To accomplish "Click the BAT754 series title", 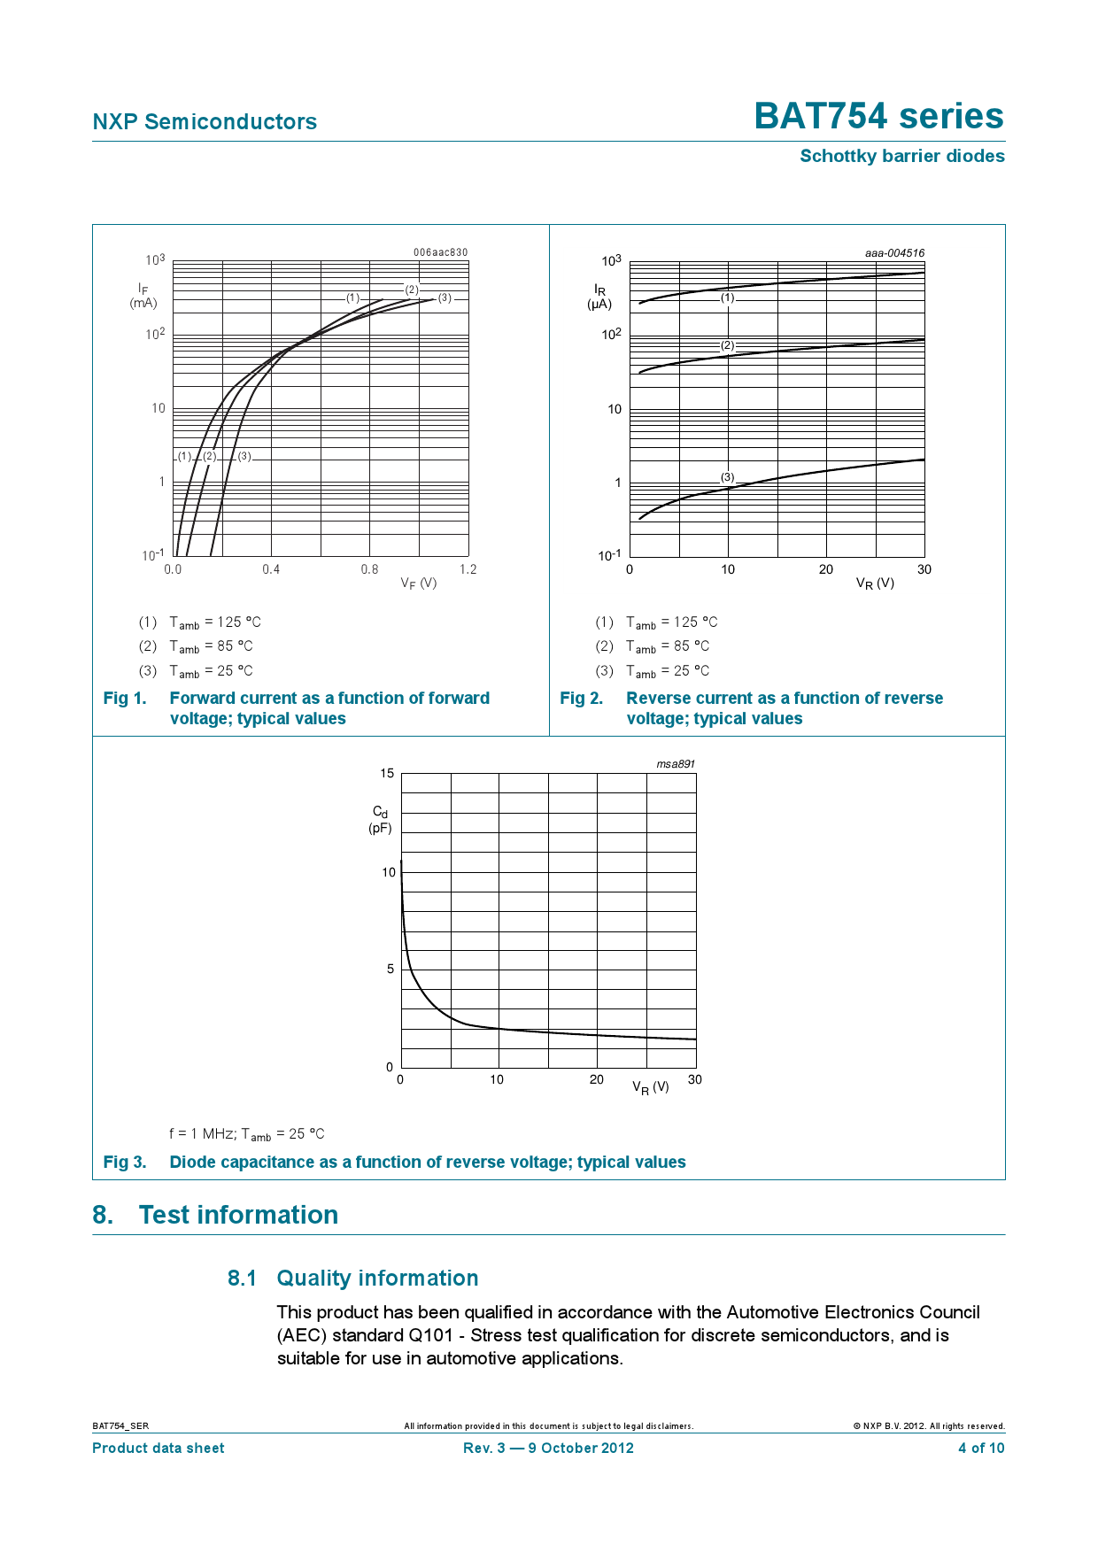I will pos(878,117).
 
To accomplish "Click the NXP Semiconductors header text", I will pos(205,122).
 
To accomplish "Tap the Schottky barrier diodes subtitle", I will pos(901,157).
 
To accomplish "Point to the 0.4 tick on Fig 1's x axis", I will pos(271,569).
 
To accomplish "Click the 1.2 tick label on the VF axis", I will pos(468,569).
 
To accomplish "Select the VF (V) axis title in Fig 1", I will pos(418,583).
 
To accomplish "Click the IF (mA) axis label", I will pos(143,296).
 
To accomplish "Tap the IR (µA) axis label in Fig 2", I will pos(599,297).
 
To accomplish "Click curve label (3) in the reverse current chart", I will pos(727,477).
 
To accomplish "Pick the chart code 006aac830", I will pos(440,252).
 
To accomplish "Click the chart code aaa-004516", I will pos(894,253).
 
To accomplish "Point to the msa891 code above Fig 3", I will pos(676,764).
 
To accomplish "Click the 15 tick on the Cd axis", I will pos(387,774).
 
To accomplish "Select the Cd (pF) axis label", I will pos(380,820).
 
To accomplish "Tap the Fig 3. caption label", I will pos(125,1163).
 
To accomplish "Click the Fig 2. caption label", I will pos(581,699).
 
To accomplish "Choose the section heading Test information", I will pos(238,1215).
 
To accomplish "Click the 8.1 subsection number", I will pos(242,1279).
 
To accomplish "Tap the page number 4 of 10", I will pos(981,1449).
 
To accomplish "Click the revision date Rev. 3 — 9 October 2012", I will pos(548,1449).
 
